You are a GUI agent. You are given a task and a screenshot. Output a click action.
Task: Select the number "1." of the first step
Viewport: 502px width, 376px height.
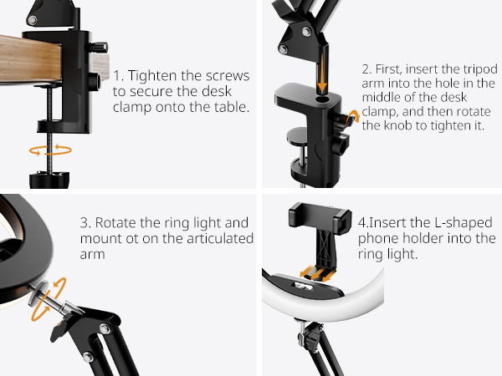(118, 74)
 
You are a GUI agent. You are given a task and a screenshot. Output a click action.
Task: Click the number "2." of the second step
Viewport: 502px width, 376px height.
(366, 69)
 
